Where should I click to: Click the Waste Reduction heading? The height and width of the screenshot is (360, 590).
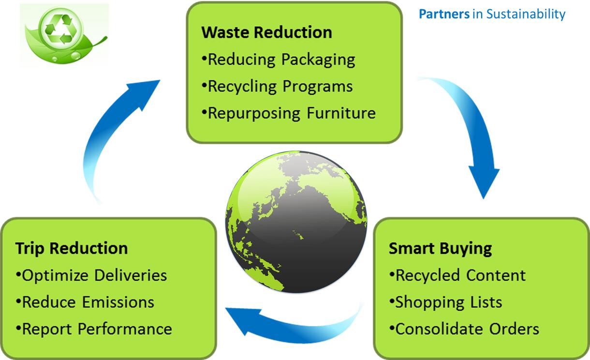tap(266, 32)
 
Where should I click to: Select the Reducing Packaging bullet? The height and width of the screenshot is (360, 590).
tap(279, 60)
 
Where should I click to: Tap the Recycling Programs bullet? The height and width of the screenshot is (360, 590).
tap(277, 87)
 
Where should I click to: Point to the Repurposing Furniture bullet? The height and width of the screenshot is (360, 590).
tap(289, 113)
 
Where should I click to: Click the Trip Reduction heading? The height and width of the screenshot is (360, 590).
tap(72, 248)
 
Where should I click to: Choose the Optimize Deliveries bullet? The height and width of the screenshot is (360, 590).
tap(91, 275)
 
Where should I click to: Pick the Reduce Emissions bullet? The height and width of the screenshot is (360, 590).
tap(85, 302)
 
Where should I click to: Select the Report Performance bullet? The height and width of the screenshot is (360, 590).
tap(94, 329)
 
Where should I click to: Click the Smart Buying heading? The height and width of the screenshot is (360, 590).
tap(441, 249)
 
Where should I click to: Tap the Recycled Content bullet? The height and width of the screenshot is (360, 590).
tap(457, 275)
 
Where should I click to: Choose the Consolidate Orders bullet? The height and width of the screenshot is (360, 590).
tap(464, 329)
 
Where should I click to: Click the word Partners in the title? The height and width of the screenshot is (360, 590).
tap(444, 14)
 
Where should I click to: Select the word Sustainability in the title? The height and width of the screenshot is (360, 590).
tap(526, 14)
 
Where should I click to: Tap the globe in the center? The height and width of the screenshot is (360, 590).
tap(296, 222)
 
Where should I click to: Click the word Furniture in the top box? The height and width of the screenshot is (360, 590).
tap(341, 113)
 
